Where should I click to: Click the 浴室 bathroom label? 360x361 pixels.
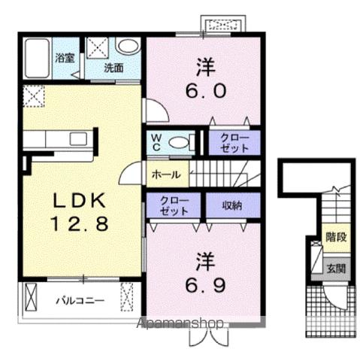[x=65, y=58]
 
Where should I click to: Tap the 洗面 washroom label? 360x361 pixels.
[x=113, y=68]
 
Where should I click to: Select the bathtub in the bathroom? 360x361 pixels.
[x=37, y=58]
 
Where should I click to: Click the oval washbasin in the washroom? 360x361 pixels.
[x=129, y=46]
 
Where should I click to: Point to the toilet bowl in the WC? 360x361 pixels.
[x=178, y=143]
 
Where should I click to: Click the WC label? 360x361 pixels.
[x=156, y=142]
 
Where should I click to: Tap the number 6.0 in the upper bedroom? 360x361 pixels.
[x=206, y=91]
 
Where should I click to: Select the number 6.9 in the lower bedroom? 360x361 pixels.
[x=206, y=286]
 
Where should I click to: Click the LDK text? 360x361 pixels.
[x=79, y=200]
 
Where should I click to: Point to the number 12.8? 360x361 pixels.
[x=80, y=223]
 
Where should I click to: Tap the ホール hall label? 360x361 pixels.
[x=166, y=174]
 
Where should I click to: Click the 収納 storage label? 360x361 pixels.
[x=232, y=205]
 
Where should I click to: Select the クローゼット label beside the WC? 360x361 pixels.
[x=234, y=143]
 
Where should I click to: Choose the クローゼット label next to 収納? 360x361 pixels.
[x=174, y=206]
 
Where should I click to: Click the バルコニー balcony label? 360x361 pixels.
[x=80, y=300]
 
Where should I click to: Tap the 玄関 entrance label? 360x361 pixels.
[x=336, y=268]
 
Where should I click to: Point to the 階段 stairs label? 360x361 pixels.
[x=336, y=237]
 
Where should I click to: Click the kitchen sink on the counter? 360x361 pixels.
[x=78, y=139]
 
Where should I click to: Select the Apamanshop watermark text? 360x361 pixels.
[x=180, y=323]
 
